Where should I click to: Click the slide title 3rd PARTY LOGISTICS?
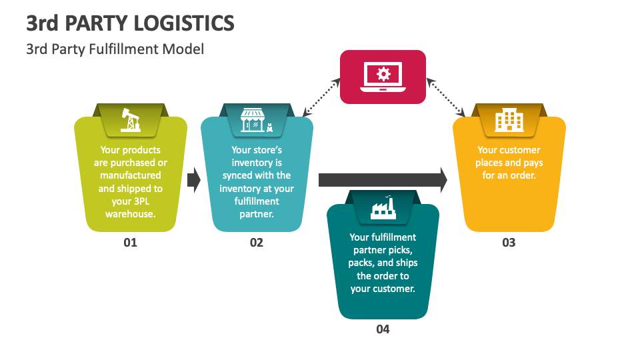coord(130,23)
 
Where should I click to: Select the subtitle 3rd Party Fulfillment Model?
coord(115,49)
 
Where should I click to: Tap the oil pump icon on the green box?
coord(130,120)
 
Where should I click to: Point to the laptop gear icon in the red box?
coord(383,77)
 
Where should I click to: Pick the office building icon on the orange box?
coord(509,120)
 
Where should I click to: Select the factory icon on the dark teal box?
coord(383,207)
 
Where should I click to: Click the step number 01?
coord(130,243)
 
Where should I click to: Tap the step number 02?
coord(257,243)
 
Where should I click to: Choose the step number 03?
coord(509,243)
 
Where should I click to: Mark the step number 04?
coord(383,329)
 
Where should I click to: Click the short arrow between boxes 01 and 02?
coord(193,180)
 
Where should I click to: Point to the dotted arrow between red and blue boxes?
coord(321,97)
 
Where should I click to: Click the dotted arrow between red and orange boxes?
coord(446,97)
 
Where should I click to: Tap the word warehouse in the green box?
coord(130,214)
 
